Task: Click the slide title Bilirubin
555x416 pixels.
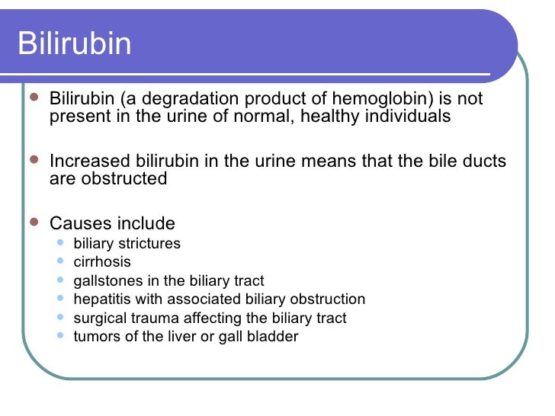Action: pos(75,43)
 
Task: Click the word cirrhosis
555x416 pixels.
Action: pos(102,262)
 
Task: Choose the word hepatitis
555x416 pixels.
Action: pos(100,299)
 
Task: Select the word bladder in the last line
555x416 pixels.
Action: pos(275,336)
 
